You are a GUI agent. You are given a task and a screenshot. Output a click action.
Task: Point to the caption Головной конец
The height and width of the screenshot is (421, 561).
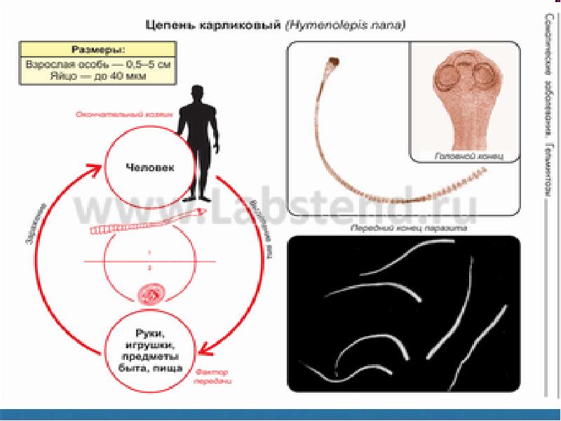pyautogui.click(x=464, y=155)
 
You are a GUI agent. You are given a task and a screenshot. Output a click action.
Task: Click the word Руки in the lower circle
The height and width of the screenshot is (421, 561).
pyautogui.click(x=148, y=334)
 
